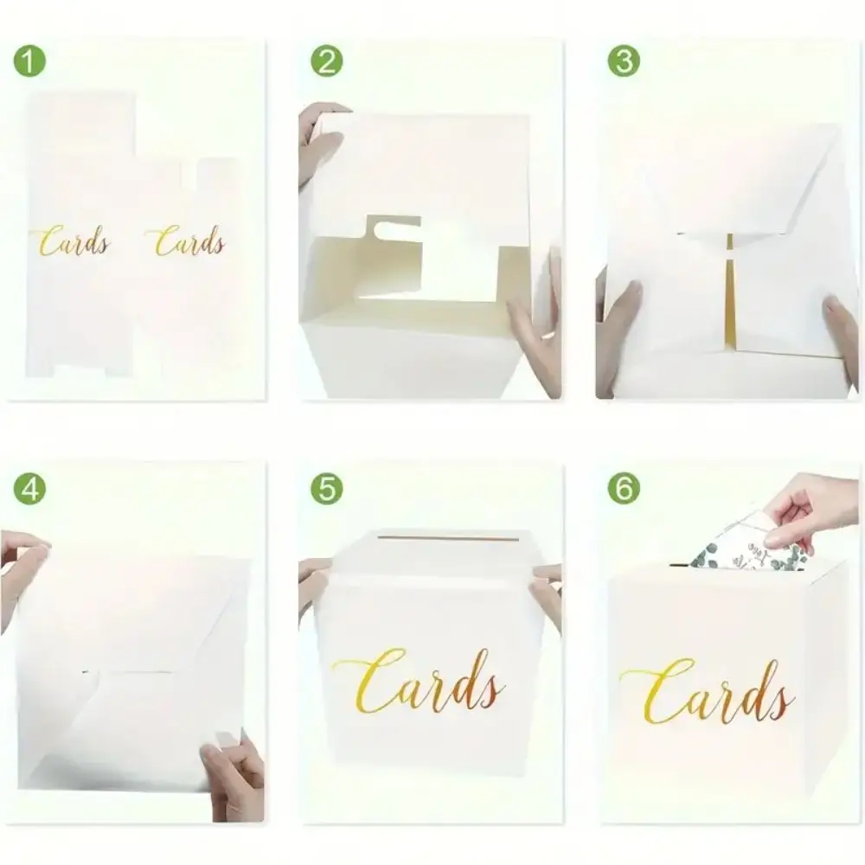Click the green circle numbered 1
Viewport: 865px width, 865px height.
(x=29, y=61)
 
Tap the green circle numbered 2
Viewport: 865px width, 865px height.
(x=327, y=61)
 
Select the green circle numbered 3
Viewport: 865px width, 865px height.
(x=624, y=61)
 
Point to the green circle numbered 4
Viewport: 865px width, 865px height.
(x=29, y=489)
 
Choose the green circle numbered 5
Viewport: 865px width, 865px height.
(x=327, y=489)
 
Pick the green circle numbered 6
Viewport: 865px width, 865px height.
(x=624, y=489)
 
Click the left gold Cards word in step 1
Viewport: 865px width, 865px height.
(x=72, y=241)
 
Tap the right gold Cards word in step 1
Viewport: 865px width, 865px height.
(x=187, y=241)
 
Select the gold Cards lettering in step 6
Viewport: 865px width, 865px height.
(x=708, y=692)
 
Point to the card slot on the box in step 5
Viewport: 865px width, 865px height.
(x=422, y=537)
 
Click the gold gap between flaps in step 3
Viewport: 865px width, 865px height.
(x=730, y=292)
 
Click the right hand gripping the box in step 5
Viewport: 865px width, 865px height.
(x=546, y=596)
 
